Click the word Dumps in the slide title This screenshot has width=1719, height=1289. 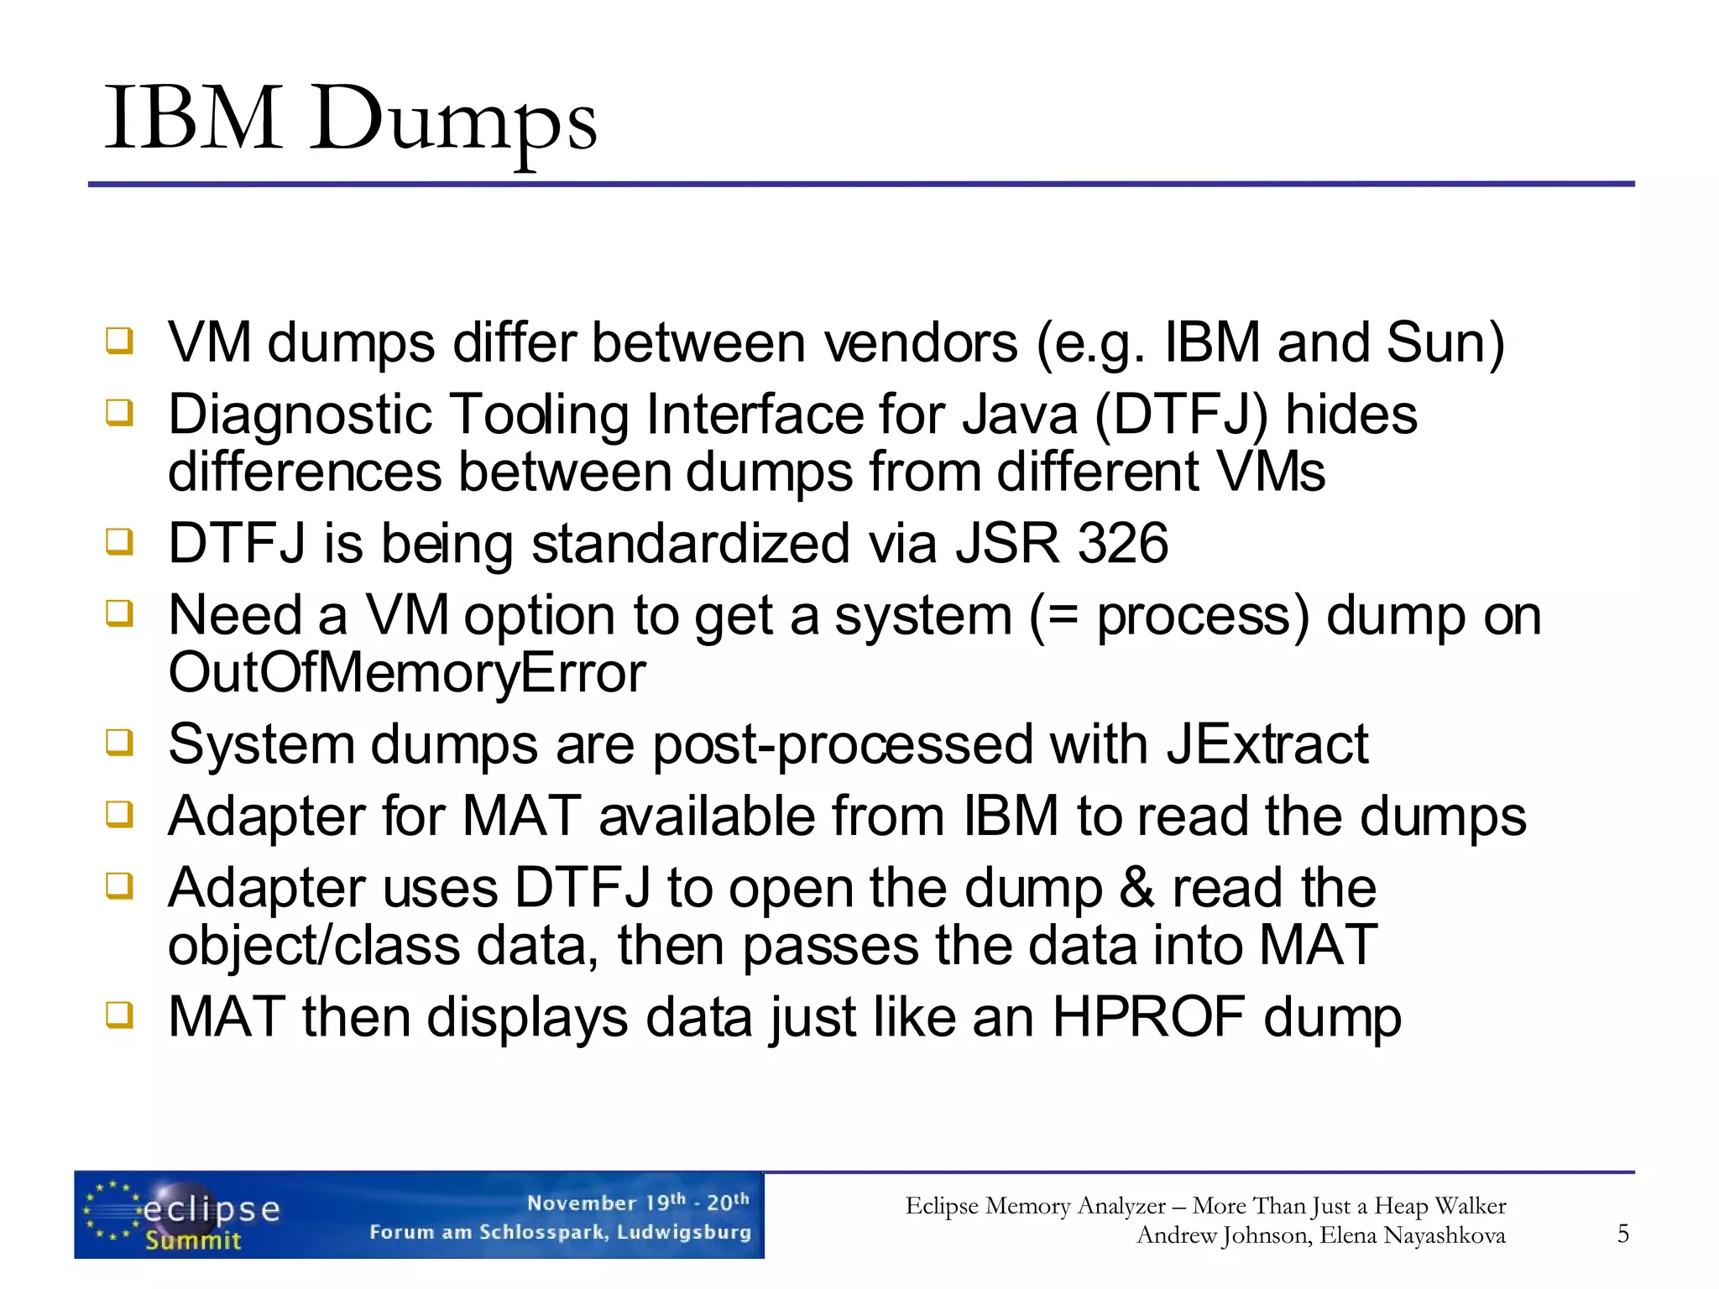coord(453,121)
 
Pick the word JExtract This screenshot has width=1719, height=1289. coord(1267,744)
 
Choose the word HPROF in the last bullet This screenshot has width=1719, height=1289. coord(1148,1017)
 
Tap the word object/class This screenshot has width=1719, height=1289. coord(314,946)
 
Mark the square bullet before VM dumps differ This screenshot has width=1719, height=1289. coord(119,341)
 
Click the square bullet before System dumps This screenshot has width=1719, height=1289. coord(119,742)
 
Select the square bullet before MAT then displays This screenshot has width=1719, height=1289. coord(119,1015)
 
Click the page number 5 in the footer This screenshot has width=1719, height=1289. coord(1622,1233)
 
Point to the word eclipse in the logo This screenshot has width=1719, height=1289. coord(212,1209)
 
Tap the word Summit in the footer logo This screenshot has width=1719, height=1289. coord(193,1240)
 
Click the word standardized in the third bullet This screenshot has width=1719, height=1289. coord(691,543)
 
